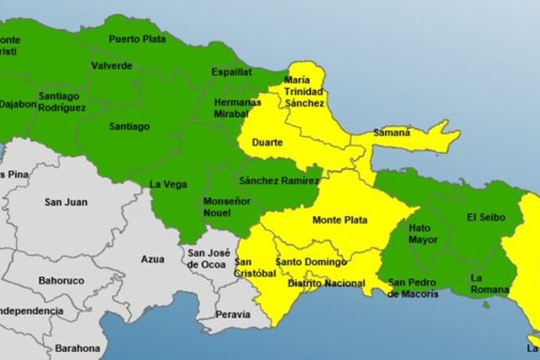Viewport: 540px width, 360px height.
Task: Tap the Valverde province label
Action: (112, 66)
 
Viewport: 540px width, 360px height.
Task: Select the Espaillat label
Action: (231, 72)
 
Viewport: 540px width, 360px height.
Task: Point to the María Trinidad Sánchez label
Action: (305, 91)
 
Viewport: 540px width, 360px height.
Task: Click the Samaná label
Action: (392, 132)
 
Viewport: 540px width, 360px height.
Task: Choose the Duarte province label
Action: (267, 143)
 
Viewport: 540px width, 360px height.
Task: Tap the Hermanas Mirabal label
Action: (238, 108)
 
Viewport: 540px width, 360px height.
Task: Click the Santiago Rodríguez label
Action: (62, 102)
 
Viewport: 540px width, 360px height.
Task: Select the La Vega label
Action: (168, 184)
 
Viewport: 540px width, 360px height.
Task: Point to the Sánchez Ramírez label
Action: (279, 180)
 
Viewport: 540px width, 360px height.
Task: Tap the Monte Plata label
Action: (340, 220)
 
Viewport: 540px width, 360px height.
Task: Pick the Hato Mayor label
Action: (423, 233)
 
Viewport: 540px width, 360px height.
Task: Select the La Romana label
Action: (486, 283)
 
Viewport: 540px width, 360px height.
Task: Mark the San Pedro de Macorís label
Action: (413, 288)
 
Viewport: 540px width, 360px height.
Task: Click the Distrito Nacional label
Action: (326, 284)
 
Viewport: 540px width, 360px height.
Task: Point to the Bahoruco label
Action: (61, 280)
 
